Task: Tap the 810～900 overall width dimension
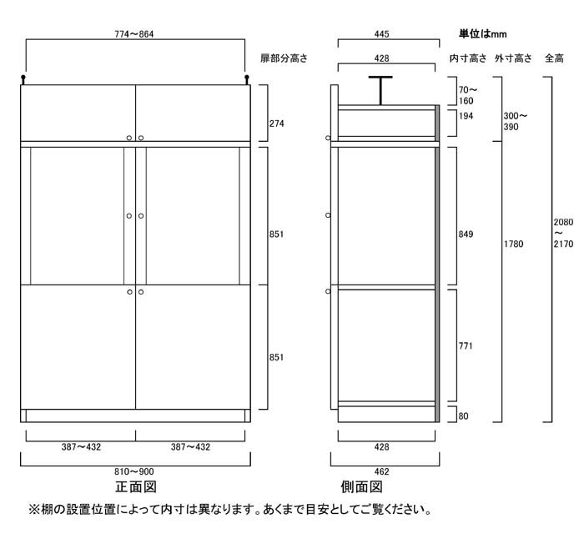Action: (x=134, y=471)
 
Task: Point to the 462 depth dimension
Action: (x=382, y=471)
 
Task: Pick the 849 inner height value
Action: (x=466, y=234)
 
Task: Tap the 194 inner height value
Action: (x=466, y=117)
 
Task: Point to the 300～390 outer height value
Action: (x=516, y=120)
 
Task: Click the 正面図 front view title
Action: (x=135, y=488)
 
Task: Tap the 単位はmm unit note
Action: (x=482, y=34)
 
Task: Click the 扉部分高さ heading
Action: (x=284, y=58)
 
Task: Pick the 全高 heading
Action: (x=554, y=58)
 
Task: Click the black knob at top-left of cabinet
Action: (x=24, y=79)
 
